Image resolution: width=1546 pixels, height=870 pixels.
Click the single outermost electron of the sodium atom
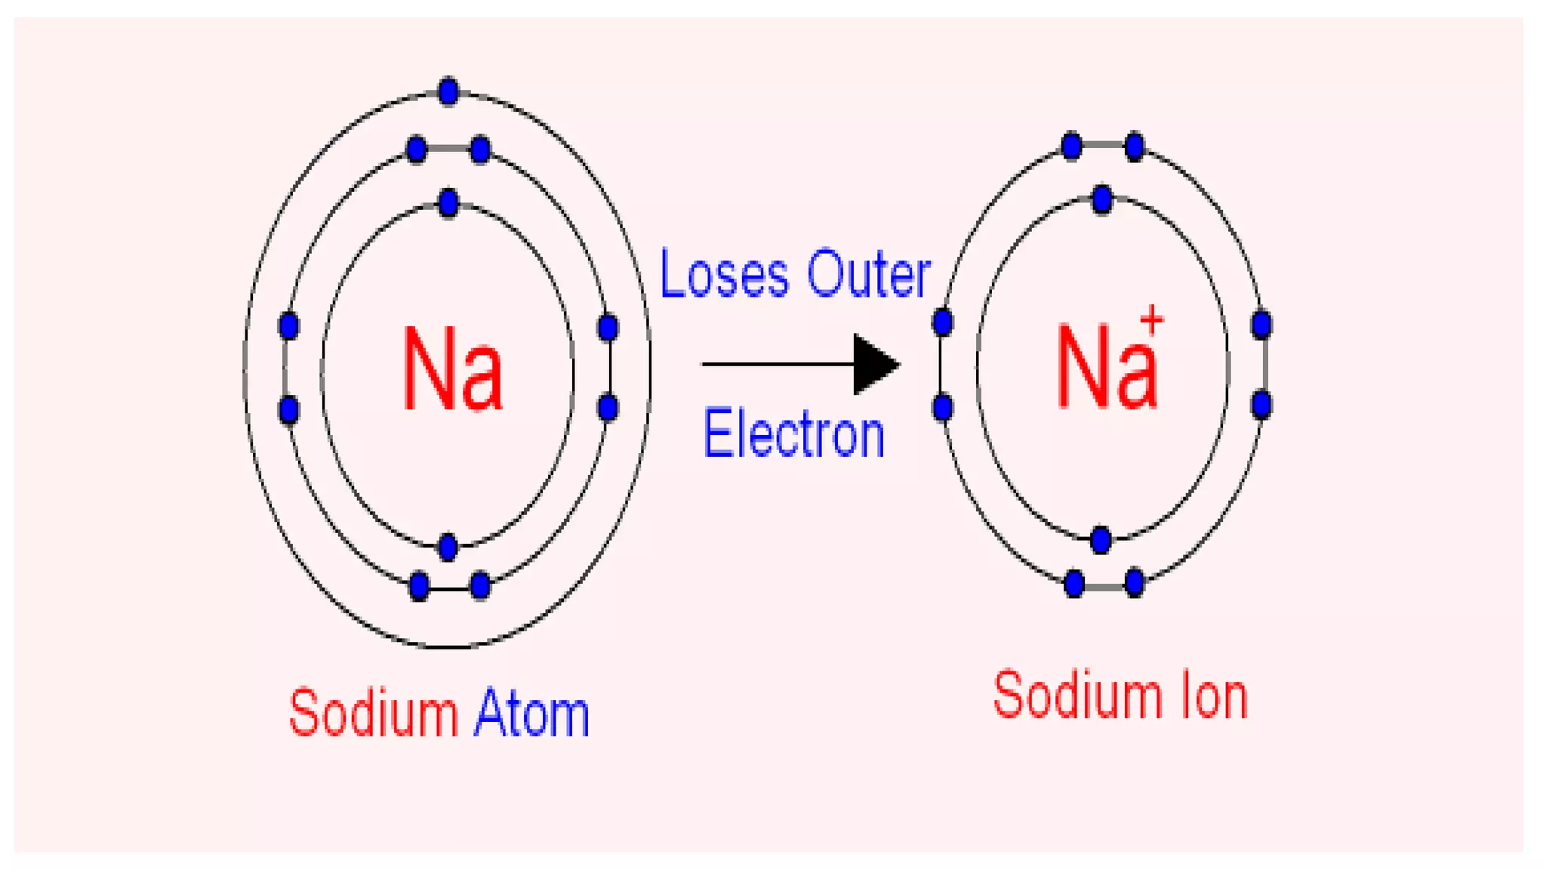pyautogui.click(x=448, y=91)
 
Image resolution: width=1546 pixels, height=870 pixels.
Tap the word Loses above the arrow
pyautogui.click(x=724, y=274)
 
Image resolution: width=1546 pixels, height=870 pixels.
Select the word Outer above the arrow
pyautogui.click(x=868, y=274)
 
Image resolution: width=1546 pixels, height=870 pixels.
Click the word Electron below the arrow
pyautogui.click(x=793, y=434)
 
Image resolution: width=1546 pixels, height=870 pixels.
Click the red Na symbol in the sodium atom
pyautogui.click(x=452, y=370)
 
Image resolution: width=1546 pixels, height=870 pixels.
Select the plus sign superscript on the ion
pyautogui.click(x=1151, y=320)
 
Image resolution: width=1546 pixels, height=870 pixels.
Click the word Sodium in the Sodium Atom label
pyautogui.click(x=373, y=712)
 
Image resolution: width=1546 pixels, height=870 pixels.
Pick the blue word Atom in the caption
pyautogui.click(x=531, y=712)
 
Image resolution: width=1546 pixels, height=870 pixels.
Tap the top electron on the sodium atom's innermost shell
pyautogui.click(x=448, y=203)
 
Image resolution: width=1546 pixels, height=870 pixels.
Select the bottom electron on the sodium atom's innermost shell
pyautogui.click(x=448, y=546)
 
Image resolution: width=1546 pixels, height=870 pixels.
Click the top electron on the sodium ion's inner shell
pyautogui.click(x=1102, y=200)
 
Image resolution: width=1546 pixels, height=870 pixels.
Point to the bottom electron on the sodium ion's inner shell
pyautogui.click(x=1101, y=540)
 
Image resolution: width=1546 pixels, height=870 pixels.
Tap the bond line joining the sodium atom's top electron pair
pyautogui.click(x=448, y=149)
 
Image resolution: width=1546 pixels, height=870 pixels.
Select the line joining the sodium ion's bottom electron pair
pyautogui.click(x=1104, y=585)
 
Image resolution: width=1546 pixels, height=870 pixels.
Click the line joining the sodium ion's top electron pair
pyautogui.click(x=1103, y=145)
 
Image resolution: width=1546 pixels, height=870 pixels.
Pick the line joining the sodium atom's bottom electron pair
pyautogui.click(x=449, y=588)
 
